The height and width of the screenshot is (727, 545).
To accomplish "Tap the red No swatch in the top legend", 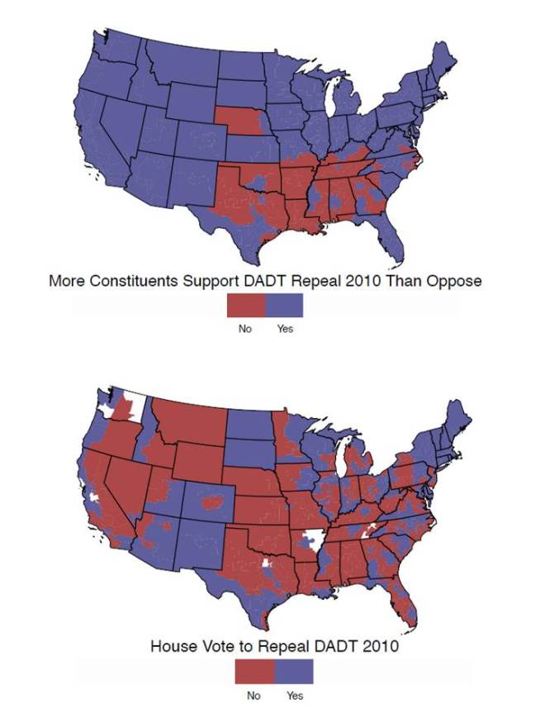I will [246, 306].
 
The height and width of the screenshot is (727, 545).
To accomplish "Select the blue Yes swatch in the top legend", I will [284, 306].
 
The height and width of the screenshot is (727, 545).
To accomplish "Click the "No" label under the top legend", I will [244, 329].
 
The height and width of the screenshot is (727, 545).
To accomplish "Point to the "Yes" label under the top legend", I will [286, 329].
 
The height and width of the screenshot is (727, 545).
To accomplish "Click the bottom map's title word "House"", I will [173, 646].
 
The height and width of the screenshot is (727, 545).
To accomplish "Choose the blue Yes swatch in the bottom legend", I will [294, 672].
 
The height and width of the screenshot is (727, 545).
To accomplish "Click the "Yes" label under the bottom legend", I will [295, 696].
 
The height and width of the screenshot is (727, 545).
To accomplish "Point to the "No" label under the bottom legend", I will [254, 696].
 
